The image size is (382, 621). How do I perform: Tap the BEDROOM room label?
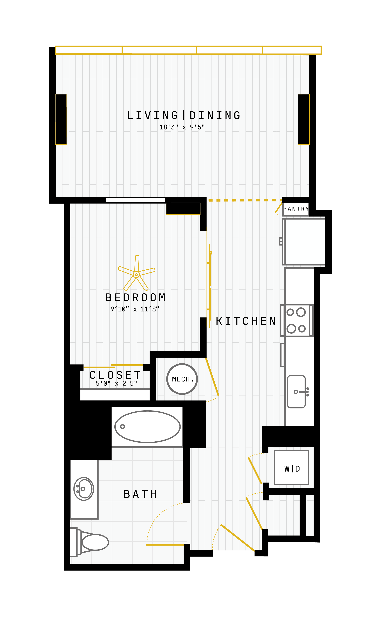136,298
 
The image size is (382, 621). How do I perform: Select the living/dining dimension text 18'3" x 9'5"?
182,127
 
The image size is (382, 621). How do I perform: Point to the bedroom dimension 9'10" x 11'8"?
135,309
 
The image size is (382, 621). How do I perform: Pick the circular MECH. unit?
182,379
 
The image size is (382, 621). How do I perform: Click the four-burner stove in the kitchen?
297,320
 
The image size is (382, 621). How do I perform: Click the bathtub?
148,427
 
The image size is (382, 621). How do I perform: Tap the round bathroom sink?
84,489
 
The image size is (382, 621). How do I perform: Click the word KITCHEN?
246,321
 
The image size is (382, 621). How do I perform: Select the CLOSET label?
115,375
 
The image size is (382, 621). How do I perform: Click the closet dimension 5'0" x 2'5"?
116,383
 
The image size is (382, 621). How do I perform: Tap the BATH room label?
140,494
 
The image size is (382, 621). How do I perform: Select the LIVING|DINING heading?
184,115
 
